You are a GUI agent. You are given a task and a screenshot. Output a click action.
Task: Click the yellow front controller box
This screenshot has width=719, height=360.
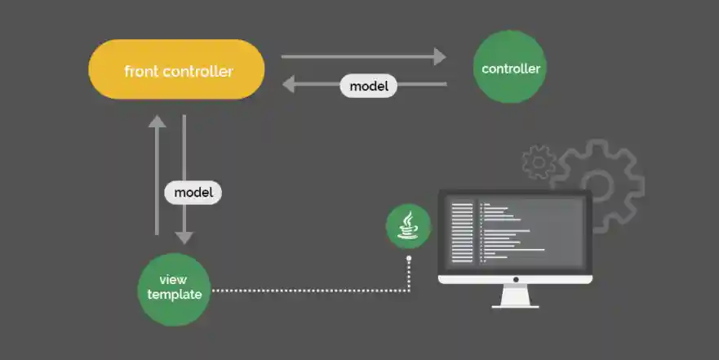pos(176,69)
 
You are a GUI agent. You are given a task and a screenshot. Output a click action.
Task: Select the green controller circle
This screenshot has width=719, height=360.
pos(510,68)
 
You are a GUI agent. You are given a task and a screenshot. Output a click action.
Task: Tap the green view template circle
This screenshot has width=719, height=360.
pos(174,288)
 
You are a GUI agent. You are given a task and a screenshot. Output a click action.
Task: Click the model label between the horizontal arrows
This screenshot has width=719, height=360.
pos(368,85)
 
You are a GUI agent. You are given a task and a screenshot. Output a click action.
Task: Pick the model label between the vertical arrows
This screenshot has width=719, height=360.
pos(193,193)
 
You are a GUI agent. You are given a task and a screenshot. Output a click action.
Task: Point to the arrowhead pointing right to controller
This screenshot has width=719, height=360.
pos(441,56)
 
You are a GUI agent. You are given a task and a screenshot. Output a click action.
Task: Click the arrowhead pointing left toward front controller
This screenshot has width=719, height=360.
pos(288,84)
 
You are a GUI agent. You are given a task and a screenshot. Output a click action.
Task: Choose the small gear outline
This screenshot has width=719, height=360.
pos(539,162)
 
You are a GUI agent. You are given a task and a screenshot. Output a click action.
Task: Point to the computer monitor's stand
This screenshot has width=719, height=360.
pos(516,296)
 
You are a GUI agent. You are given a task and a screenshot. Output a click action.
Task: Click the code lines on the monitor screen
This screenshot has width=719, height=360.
pos(506,232)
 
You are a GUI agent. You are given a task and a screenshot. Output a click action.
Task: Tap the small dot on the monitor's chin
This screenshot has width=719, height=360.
pos(516,278)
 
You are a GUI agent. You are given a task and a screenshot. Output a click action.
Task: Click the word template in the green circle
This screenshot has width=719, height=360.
pos(174,295)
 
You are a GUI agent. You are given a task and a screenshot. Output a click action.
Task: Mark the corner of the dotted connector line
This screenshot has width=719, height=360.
pos(408,290)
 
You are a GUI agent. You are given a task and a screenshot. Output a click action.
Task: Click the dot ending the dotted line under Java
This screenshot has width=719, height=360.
pos(408,258)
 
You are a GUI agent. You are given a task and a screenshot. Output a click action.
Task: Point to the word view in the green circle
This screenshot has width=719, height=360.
pos(173,280)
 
